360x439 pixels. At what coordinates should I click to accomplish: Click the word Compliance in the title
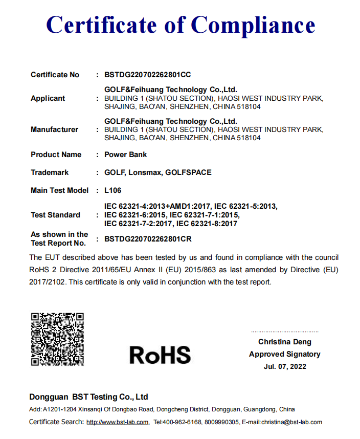(x=253, y=25)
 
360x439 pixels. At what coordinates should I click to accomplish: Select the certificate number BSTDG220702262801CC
(x=147, y=75)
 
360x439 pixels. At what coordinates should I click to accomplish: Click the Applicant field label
(x=48, y=98)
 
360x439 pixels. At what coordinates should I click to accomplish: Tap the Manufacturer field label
(x=54, y=129)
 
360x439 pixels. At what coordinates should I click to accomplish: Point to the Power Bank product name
(x=125, y=155)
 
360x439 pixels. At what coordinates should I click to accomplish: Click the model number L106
(x=112, y=190)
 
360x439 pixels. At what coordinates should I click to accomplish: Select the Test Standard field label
(x=55, y=215)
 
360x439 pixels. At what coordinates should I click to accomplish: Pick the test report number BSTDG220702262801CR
(x=148, y=238)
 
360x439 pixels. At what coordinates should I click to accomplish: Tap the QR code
(x=57, y=339)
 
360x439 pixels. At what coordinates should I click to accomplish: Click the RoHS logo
(x=160, y=355)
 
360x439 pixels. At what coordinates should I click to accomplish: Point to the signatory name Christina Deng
(x=284, y=342)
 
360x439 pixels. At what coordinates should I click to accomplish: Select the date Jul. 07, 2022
(x=285, y=366)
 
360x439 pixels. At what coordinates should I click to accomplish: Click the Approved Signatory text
(x=285, y=354)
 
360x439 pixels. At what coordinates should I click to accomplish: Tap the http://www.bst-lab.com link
(x=117, y=422)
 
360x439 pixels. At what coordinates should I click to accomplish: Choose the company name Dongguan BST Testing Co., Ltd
(x=88, y=397)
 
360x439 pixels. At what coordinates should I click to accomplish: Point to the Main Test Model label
(x=59, y=190)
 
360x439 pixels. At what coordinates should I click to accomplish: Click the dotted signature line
(x=284, y=332)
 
